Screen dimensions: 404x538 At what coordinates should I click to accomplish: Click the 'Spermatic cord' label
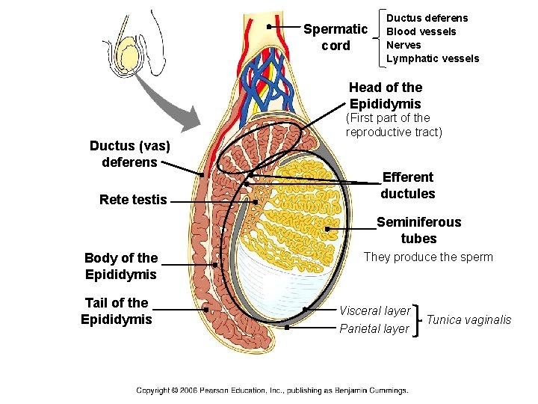(335, 37)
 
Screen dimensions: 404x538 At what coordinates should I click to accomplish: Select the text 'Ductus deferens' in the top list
(427, 18)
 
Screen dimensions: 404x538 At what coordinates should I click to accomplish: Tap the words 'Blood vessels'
(421, 31)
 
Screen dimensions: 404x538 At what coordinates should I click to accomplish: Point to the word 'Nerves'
(403, 45)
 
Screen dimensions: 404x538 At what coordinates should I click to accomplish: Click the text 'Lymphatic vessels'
(433, 58)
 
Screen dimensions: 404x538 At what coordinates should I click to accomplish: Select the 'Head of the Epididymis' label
(386, 96)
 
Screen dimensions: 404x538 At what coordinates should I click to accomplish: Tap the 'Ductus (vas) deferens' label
(123, 153)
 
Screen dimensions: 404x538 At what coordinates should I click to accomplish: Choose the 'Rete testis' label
(133, 200)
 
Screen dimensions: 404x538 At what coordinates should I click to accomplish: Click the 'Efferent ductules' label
(407, 186)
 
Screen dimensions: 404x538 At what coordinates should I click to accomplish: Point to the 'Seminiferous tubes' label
(418, 230)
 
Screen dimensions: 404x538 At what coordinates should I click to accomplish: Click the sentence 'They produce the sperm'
(428, 257)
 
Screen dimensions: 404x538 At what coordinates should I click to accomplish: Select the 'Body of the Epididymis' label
(120, 266)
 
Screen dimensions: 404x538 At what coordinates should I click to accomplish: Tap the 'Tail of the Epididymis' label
(117, 311)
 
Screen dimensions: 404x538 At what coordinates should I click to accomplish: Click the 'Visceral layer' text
(374, 310)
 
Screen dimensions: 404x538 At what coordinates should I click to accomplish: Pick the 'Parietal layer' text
(374, 328)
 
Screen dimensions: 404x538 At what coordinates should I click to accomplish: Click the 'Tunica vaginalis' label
(469, 320)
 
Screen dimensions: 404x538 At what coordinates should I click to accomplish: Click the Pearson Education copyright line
(272, 390)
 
